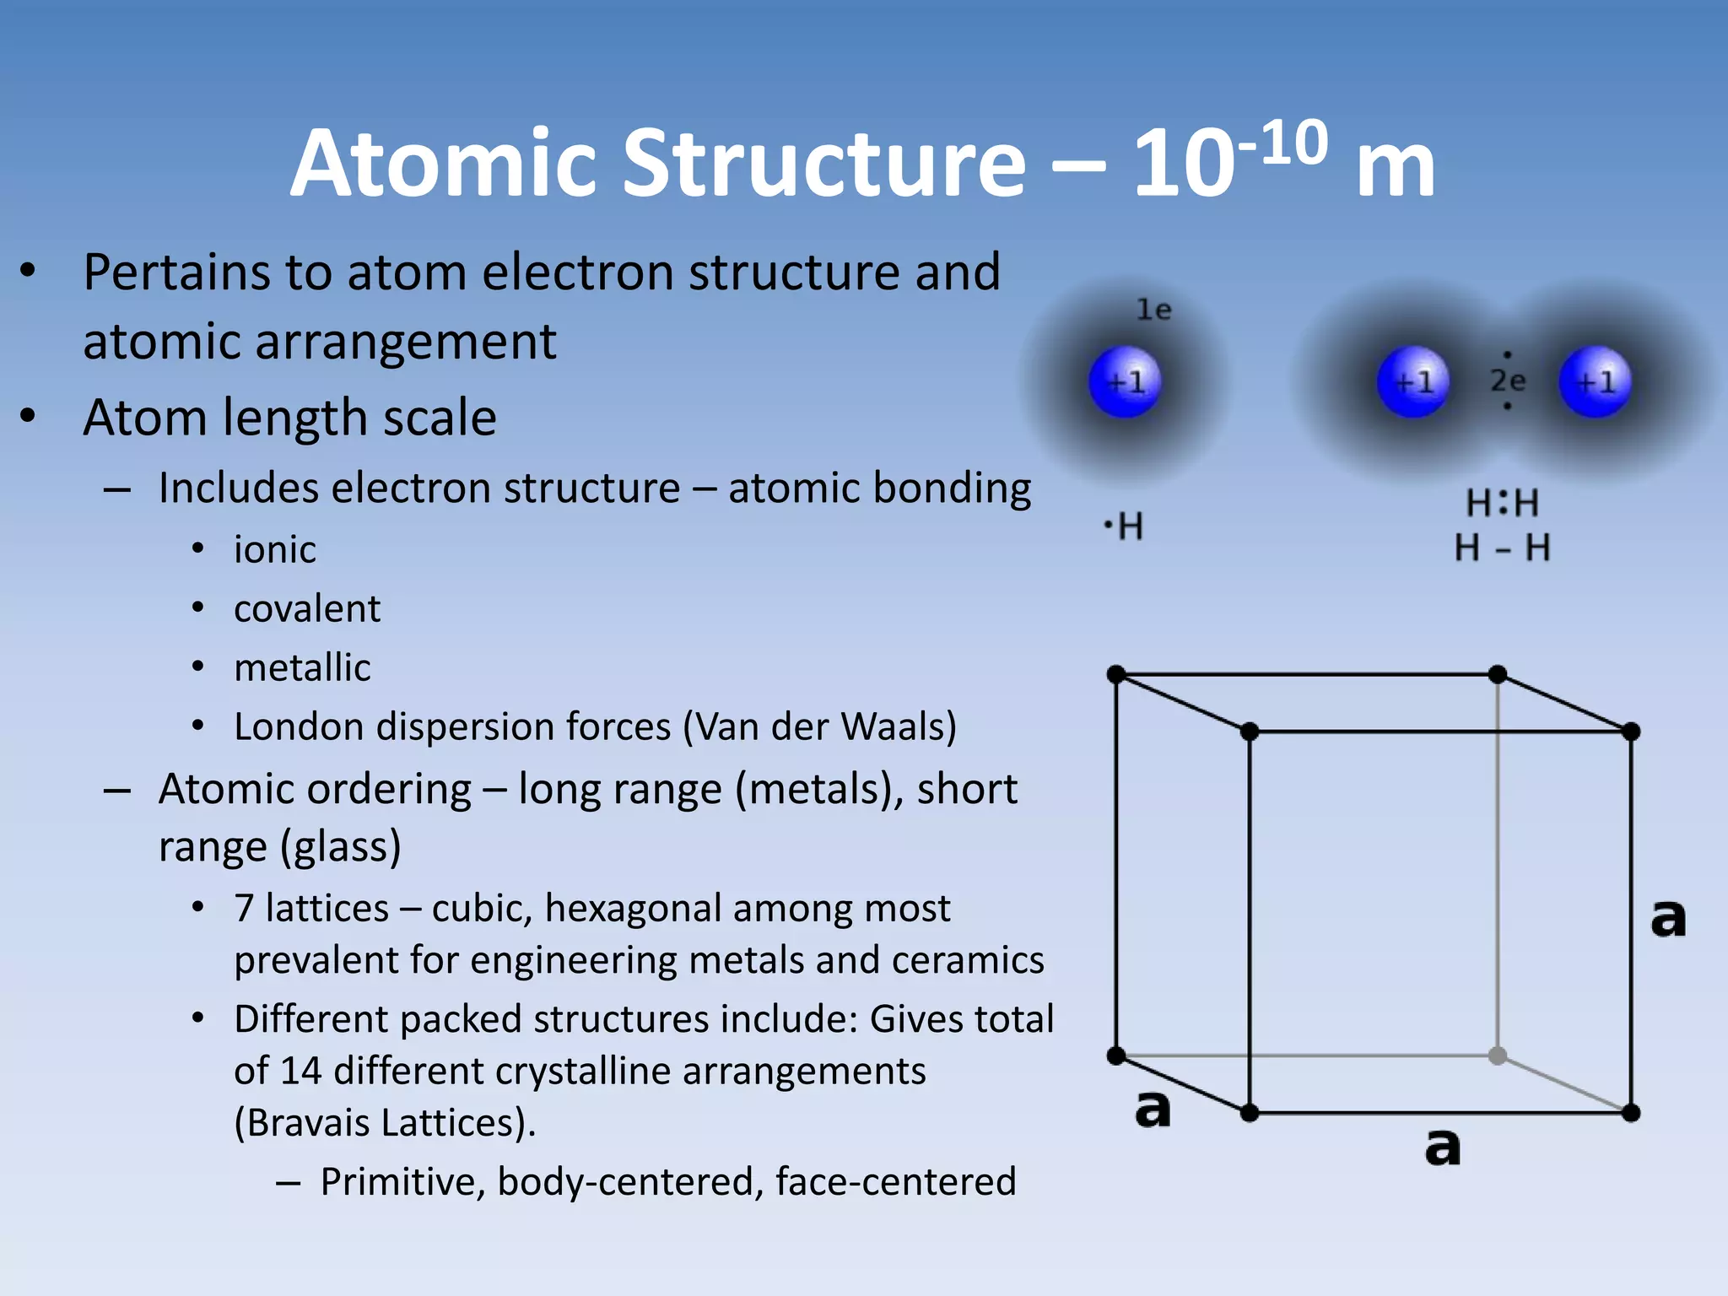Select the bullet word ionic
click(275, 550)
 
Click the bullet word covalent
click(307, 609)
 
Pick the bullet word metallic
click(302, 668)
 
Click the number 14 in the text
click(301, 1072)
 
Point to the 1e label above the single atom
click(1153, 310)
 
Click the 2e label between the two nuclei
click(1507, 381)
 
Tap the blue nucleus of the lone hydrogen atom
click(1125, 382)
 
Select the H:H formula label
click(1502, 504)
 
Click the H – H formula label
click(1502, 548)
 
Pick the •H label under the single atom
click(1124, 527)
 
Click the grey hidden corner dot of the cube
click(1498, 1056)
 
